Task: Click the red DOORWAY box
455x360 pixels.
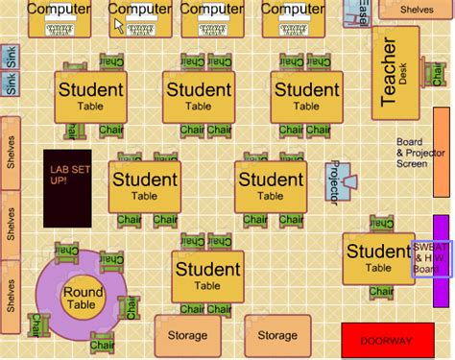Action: tap(385, 341)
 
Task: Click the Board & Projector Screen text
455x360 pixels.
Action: tap(418, 153)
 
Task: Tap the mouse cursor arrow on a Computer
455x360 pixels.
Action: tap(120, 26)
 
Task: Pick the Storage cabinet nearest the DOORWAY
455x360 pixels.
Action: tap(277, 335)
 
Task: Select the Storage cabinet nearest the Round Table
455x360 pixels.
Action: tap(187, 335)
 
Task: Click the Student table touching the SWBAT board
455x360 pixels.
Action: tap(378, 258)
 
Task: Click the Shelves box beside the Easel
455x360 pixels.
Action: tap(416, 10)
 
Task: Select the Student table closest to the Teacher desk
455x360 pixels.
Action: tap(306, 96)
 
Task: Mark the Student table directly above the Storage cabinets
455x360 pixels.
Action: tap(207, 276)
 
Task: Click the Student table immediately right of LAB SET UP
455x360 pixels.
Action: tap(144, 186)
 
